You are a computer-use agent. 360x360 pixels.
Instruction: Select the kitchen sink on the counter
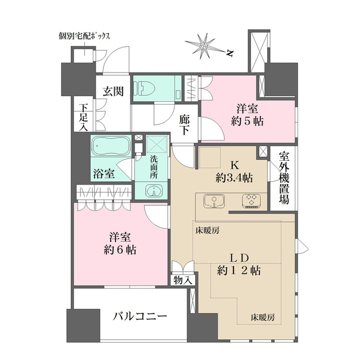[x=213, y=201]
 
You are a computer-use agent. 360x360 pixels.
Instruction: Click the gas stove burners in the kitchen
[x=251, y=200]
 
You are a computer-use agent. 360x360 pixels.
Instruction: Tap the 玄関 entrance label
[x=113, y=89]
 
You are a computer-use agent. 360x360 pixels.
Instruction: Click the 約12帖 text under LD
[x=238, y=271]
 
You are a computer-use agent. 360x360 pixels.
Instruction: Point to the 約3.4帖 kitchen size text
[x=234, y=178]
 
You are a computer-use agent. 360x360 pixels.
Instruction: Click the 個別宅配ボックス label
[x=84, y=36]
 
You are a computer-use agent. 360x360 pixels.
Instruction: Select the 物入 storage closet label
[x=182, y=278]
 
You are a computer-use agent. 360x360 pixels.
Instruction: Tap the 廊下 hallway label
[x=184, y=124]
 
